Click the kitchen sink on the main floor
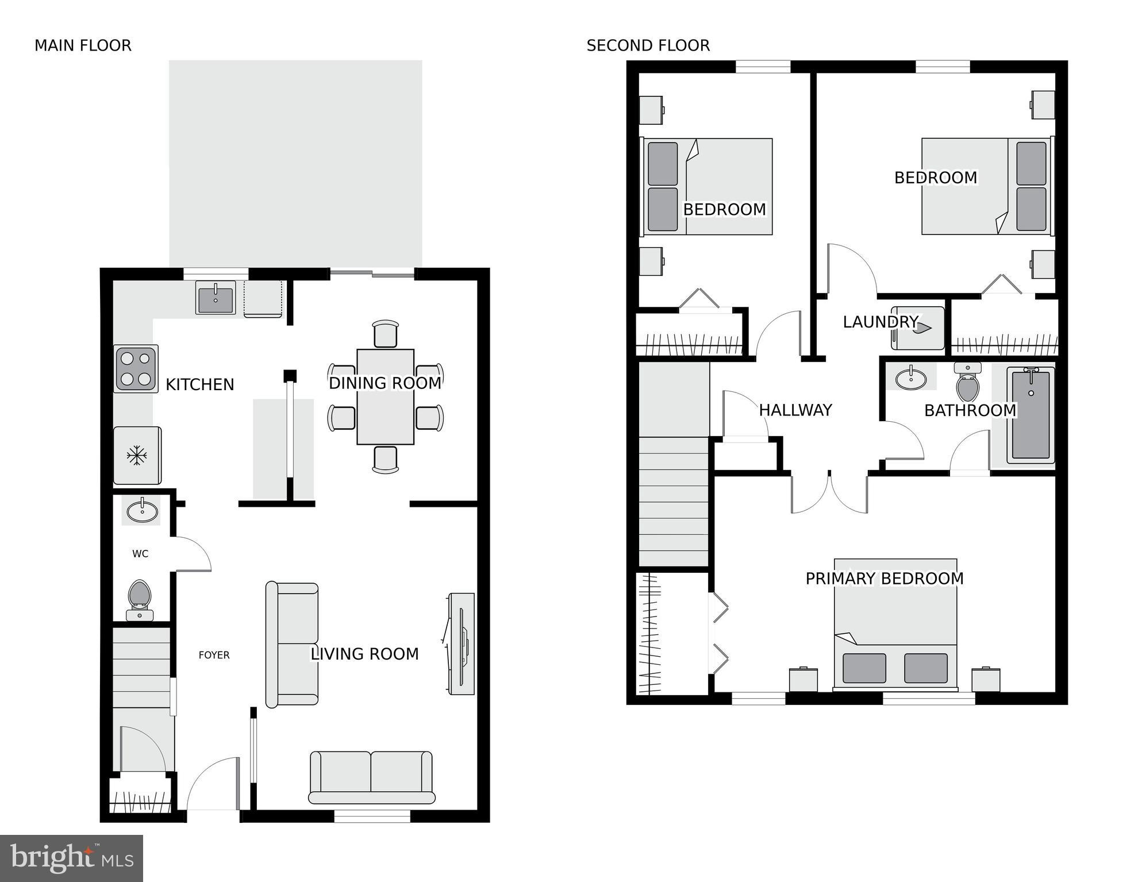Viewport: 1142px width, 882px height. point(216,298)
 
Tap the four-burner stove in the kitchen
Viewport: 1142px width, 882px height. point(136,369)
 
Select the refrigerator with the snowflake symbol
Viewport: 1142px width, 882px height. point(137,456)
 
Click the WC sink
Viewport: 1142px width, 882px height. point(142,510)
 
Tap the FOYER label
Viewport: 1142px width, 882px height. point(214,655)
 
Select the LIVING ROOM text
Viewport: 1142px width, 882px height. point(364,654)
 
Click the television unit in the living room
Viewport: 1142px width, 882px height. point(462,644)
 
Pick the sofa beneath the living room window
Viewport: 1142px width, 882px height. point(371,777)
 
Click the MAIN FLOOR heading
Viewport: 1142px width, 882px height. point(83,45)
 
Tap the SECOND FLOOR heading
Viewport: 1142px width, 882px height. point(648,45)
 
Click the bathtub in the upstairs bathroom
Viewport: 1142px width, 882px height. point(1031,415)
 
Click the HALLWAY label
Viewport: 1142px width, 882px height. point(795,410)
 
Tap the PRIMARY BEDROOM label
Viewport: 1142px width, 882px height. point(884,579)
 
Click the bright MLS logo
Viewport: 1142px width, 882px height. point(71,858)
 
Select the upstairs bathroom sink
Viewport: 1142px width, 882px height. point(910,379)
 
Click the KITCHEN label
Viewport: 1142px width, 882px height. point(199,384)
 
